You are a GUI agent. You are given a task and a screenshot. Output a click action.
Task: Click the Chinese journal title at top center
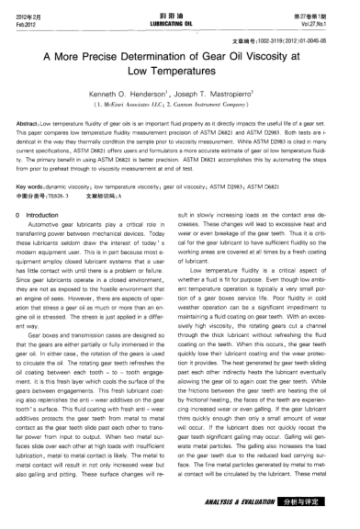pos(179,12)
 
